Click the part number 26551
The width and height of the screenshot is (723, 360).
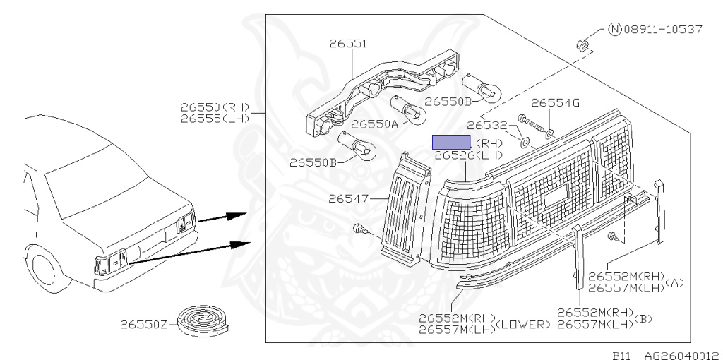click(347, 44)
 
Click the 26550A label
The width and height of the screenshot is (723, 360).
click(375, 125)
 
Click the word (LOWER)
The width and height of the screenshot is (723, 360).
click(523, 325)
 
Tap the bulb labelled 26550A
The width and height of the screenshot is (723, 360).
click(408, 109)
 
